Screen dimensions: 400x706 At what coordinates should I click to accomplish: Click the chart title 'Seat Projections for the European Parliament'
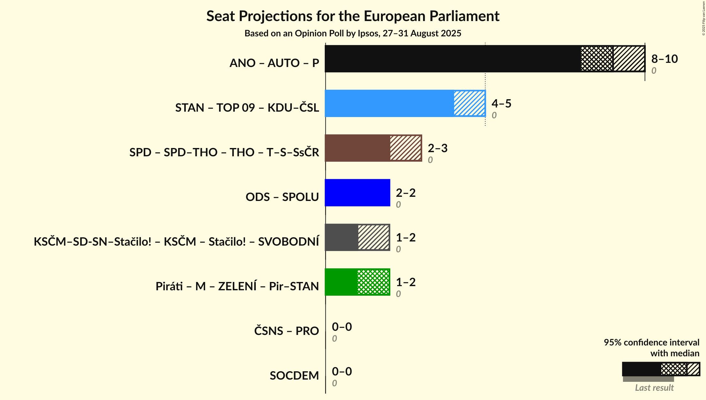[353, 16]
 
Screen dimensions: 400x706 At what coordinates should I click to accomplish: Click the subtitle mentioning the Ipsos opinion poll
[353, 33]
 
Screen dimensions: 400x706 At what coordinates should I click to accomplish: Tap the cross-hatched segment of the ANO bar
[596, 59]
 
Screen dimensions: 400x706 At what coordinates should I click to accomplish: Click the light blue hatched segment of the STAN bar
[469, 103]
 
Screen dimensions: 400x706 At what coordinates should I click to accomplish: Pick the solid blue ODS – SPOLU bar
[357, 193]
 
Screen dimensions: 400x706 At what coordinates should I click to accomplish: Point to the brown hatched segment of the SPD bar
[406, 148]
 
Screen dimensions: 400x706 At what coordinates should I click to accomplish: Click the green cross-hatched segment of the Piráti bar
[373, 282]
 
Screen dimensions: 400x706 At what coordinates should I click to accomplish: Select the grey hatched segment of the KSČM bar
[374, 237]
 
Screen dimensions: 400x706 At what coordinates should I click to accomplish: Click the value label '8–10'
[664, 59]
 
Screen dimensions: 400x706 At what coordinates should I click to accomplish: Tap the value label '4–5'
[501, 104]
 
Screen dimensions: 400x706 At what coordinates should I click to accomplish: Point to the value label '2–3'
[437, 148]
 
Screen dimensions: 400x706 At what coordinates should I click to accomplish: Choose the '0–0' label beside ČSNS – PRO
[342, 327]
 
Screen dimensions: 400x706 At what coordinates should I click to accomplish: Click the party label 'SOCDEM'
[294, 376]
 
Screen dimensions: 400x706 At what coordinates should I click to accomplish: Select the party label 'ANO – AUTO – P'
[274, 63]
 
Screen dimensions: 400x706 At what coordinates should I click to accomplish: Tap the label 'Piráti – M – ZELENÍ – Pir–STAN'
[237, 286]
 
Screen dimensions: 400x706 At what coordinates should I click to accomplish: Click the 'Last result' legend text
[654, 388]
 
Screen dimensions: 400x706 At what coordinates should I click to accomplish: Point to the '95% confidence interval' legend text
[651, 343]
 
